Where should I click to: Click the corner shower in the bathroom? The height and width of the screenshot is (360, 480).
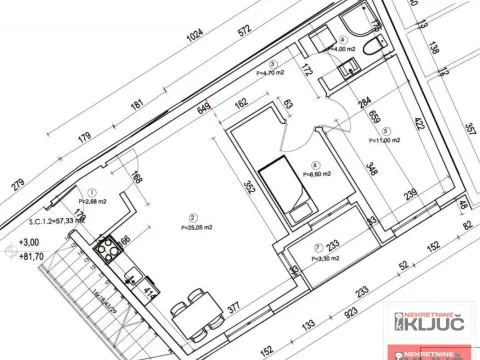355,24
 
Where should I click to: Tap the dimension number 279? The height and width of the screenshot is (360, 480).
17,185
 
